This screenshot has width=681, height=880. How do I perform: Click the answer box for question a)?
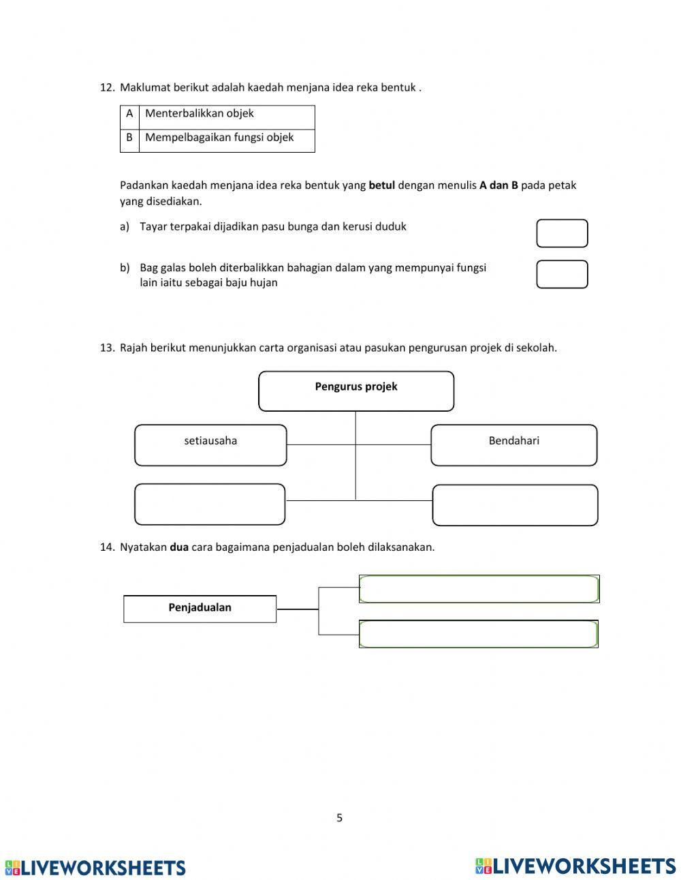[562, 233]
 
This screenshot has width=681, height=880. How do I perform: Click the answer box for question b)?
[562, 274]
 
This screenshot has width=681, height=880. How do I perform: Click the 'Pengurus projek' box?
[356, 391]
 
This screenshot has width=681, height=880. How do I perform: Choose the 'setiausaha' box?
[210, 445]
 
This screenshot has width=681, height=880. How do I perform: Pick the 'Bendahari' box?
[513, 445]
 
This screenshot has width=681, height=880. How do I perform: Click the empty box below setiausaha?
[210, 504]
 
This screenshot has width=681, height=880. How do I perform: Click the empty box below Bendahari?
[515, 505]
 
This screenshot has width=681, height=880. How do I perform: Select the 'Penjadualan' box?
[200, 608]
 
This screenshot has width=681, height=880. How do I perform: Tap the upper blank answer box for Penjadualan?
[479, 589]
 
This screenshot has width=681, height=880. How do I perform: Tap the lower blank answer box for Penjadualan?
[479, 634]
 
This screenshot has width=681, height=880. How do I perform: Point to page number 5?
[339, 818]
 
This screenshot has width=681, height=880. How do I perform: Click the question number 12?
[107, 87]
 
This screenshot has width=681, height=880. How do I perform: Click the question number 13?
[107, 348]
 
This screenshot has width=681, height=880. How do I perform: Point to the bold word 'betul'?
[381, 185]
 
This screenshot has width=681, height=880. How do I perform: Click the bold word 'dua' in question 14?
[178, 547]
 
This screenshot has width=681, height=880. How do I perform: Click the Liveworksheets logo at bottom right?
[575, 866]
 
